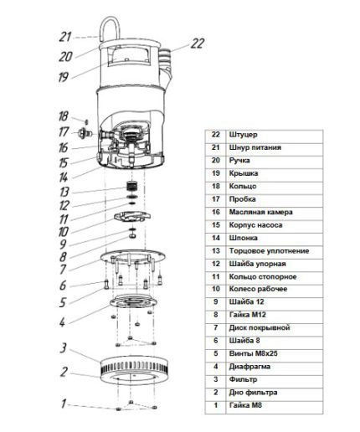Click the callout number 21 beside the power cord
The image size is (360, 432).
[x=64, y=37]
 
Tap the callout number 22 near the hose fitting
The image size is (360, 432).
[x=198, y=44]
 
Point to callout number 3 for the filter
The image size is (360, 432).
[x=64, y=347]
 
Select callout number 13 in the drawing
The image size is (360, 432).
[x=64, y=192]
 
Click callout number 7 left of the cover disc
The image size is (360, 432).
[x=63, y=270]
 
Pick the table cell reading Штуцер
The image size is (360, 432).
[x=243, y=135]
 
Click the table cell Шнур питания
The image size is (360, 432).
[x=255, y=147]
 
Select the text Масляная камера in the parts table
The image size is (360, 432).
[x=261, y=212]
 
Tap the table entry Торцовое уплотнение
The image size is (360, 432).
[x=269, y=251]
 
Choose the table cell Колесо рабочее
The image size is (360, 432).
[x=258, y=289]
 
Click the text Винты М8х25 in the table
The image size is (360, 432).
[x=254, y=353]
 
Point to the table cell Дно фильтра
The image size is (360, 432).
[x=253, y=393]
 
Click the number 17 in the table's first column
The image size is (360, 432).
[x=216, y=199]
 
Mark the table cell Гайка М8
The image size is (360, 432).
[x=245, y=405]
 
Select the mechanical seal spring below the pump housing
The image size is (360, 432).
[x=131, y=185]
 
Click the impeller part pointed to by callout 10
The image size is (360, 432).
[x=132, y=217]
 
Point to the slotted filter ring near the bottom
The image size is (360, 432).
[x=135, y=368]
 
